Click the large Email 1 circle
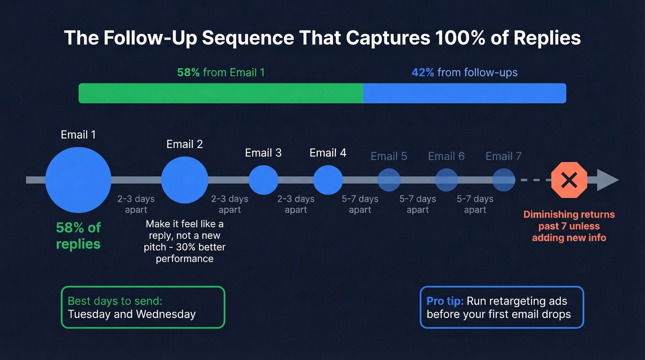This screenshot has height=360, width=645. click(x=78, y=180)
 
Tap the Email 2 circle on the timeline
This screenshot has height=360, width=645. click(x=185, y=180)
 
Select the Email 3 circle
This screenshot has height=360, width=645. click(x=264, y=180)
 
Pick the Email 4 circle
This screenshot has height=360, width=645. click(x=328, y=180)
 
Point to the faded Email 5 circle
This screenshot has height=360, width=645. click(x=389, y=180)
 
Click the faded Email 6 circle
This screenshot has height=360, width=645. click(x=446, y=180)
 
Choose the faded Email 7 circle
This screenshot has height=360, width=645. click(x=504, y=180)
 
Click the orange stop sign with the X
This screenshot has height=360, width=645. click(x=569, y=180)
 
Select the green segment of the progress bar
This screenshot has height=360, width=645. click(x=221, y=93)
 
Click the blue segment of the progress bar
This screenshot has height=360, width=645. click(x=464, y=93)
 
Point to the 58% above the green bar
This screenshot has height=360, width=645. click(x=188, y=72)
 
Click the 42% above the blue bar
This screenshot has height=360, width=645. click(x=422, y=72)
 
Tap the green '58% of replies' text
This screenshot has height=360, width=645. click(x=78, y=236)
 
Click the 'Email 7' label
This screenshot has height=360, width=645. click(x=504, y=156)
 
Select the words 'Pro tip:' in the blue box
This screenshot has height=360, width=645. click(x=445, y=301)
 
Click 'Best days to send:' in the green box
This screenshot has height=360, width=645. click(x=115, y=301)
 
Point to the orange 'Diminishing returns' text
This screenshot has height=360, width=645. click(x=569, y=214)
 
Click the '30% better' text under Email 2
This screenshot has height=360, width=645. click(x=203, y=247)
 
